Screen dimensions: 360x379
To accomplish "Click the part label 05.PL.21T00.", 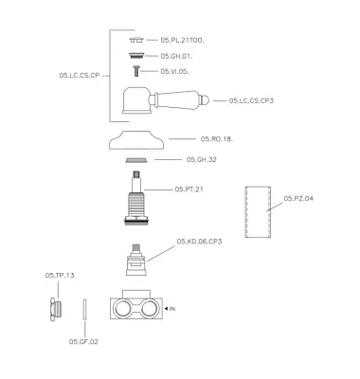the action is [182, 40].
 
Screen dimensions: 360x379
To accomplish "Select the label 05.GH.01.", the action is [176, 56].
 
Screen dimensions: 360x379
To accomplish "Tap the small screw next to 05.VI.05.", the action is [136, 71].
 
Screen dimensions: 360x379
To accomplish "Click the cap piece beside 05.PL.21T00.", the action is [136, 40].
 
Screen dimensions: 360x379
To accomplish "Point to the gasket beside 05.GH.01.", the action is [136, 56].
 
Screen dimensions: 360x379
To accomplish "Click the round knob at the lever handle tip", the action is [205, 100].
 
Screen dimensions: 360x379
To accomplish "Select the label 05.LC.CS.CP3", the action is [251, 100].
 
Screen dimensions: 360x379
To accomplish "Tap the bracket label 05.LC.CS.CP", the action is [80, 76].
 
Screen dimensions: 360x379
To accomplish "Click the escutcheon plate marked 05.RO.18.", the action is [136, 139].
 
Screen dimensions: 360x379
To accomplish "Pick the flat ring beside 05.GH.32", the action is [136, 160].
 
